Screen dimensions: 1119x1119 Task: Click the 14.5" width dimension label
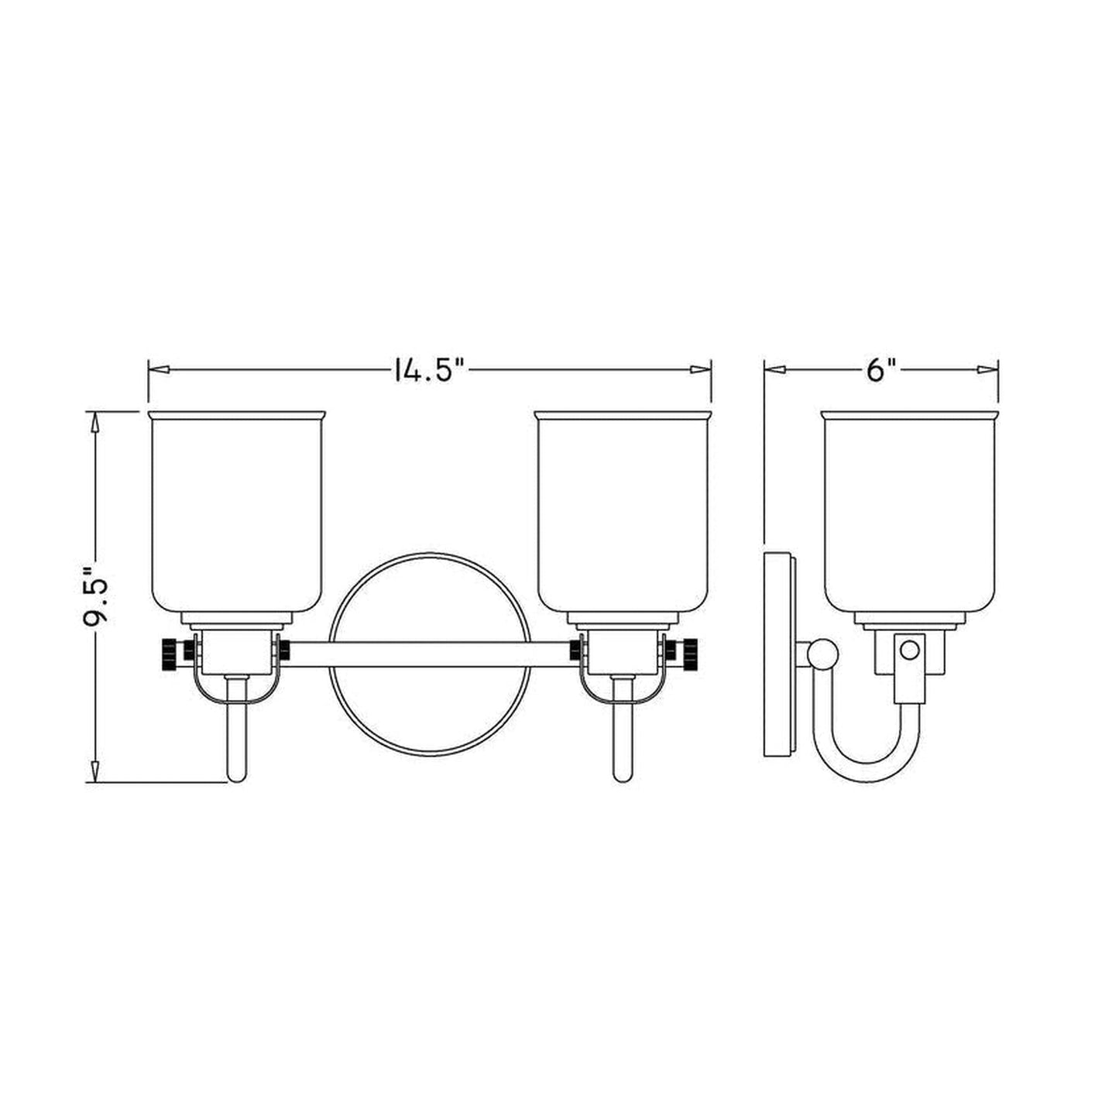tap(427, 370)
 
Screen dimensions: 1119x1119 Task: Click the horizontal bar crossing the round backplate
tap(430, 654)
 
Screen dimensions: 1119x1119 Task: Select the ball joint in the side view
tap(822, 654)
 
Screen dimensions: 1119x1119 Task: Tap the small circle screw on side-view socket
tap(909, 649)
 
